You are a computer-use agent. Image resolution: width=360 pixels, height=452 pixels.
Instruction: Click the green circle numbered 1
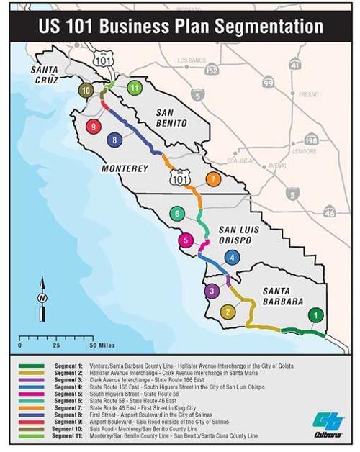pyautogui.click(x=315, y=315)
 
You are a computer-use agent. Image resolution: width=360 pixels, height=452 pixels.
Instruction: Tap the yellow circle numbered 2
pyautogui.click(x=228, y=312)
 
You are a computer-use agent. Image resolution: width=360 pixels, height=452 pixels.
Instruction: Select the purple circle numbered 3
pyautogui.click(x=211, y=291)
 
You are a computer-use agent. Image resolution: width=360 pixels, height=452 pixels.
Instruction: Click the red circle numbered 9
pyautogui.click(x=93, y=126)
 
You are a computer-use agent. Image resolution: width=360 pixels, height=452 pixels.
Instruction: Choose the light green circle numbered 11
pyautogui.click(x=134, y=88)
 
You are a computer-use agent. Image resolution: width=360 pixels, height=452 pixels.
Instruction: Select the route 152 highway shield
pyautogui.click(x=211, y=70)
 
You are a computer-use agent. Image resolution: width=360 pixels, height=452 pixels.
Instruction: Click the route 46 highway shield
pyautogui.click(x=329, y=212)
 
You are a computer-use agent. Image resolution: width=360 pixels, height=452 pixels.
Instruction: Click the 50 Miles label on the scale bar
pyautogui.click(x=98, y=344)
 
